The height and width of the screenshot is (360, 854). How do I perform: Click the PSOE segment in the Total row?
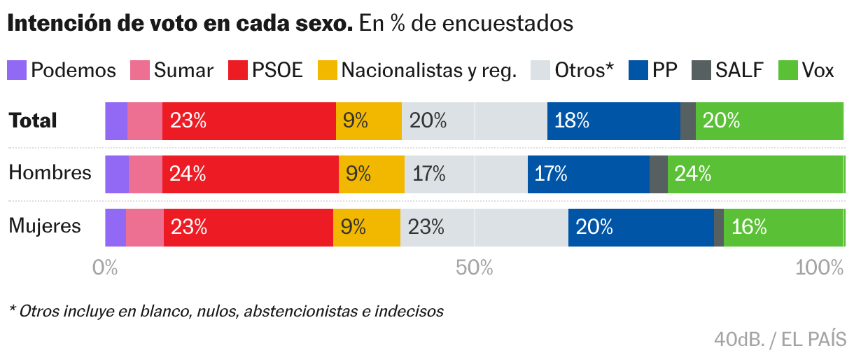point(249,121)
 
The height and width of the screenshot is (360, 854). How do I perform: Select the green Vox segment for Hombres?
point(755,174)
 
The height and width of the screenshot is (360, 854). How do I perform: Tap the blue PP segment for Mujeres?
point(640,228)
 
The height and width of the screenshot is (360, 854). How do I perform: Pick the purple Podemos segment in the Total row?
point(116,121)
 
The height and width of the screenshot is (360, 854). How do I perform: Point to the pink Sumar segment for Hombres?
point(146,174)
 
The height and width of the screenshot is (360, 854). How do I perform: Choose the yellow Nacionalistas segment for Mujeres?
point(367,228)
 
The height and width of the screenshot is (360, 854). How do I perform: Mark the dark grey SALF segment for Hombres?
point(659,174)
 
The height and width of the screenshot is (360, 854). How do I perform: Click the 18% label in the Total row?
point(572,121)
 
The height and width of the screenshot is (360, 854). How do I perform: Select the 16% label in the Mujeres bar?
point(750,228)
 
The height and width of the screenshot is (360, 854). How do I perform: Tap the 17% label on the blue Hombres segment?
point(550,174)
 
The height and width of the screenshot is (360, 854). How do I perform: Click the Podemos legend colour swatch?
point(17,70)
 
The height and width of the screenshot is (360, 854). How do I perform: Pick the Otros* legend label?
point(584,70)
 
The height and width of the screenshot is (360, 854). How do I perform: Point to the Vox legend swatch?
point(789,70)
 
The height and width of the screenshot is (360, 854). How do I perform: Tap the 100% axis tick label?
point(820,268)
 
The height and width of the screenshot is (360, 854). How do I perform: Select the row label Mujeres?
point(45,226)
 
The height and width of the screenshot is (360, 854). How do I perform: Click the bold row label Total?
point(33,120)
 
